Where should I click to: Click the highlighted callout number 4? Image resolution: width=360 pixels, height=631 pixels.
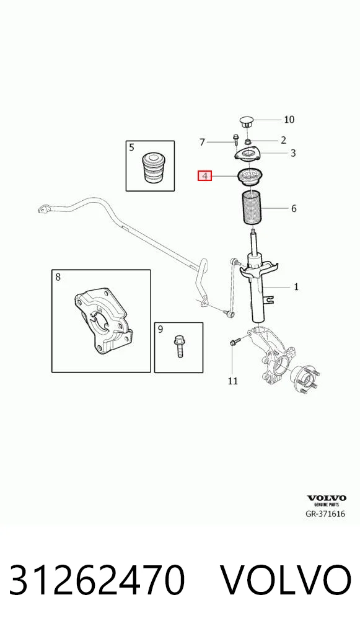click(204, 176)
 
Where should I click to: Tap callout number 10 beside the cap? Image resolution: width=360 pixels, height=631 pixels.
click(289, 120)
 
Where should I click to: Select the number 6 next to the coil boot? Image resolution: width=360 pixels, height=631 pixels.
click(294, 208)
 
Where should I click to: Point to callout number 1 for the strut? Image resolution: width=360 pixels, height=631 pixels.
click(296, 287)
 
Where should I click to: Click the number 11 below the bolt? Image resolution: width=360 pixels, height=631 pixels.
click(233, 381)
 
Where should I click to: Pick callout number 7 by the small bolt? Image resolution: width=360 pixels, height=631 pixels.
click(203, 142)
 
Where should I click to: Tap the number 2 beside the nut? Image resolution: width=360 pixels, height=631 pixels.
click(284, 140)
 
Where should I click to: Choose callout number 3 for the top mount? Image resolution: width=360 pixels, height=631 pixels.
click(293, 153)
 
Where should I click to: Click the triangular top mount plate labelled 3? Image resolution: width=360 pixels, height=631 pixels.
click(248, 155)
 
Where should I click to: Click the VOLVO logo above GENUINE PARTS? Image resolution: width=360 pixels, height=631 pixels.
click(327, 498)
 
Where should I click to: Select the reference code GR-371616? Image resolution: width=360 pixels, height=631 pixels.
click(325, 514)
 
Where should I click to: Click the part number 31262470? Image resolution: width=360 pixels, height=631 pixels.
click(97, 580)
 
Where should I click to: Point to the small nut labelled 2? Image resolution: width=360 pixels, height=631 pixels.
click(248, 141)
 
